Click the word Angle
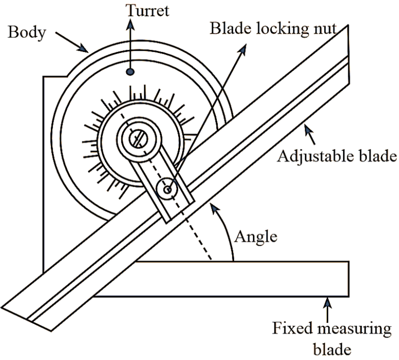(x=256, y=236)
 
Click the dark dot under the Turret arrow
(x=130, y=73)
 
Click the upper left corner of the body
(x=44, y=77)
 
